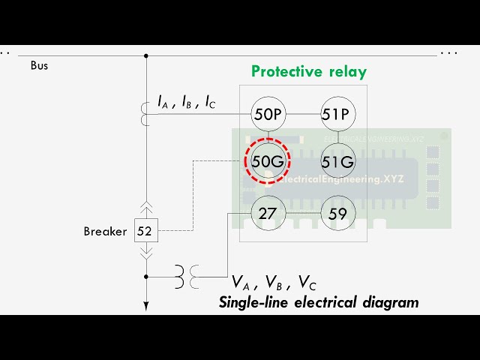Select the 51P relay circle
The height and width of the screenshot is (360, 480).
[x=337, y=114]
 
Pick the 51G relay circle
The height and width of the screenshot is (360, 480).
[x=337, y=161]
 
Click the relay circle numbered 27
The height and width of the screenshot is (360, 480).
[x=267, y=214]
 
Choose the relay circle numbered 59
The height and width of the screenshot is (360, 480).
[x=337, y=214]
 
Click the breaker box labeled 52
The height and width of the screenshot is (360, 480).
[x=145, y=231]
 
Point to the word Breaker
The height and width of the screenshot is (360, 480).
[x=105, y=232]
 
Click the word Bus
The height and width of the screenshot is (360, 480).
[x=39, y=66]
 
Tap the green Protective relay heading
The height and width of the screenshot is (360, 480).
[x=308, y=72]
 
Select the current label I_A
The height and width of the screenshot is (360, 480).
[x=163, y=103]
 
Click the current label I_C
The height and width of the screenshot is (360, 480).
[x=209, y=103]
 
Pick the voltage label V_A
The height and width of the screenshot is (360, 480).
[x=241, y=283]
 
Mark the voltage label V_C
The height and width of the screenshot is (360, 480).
[x=307, y=283]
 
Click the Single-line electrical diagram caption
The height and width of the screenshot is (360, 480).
[x=319, y=303]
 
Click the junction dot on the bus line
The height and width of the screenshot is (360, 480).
[x=146, y=55]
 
